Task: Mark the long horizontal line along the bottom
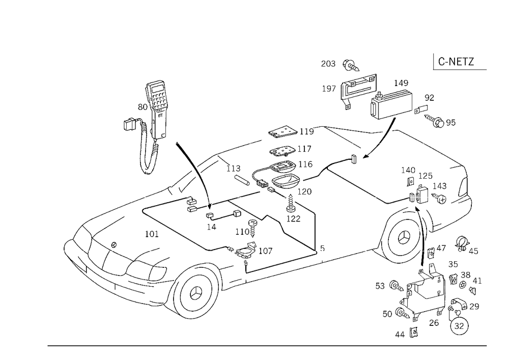(x=267, y=345)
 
